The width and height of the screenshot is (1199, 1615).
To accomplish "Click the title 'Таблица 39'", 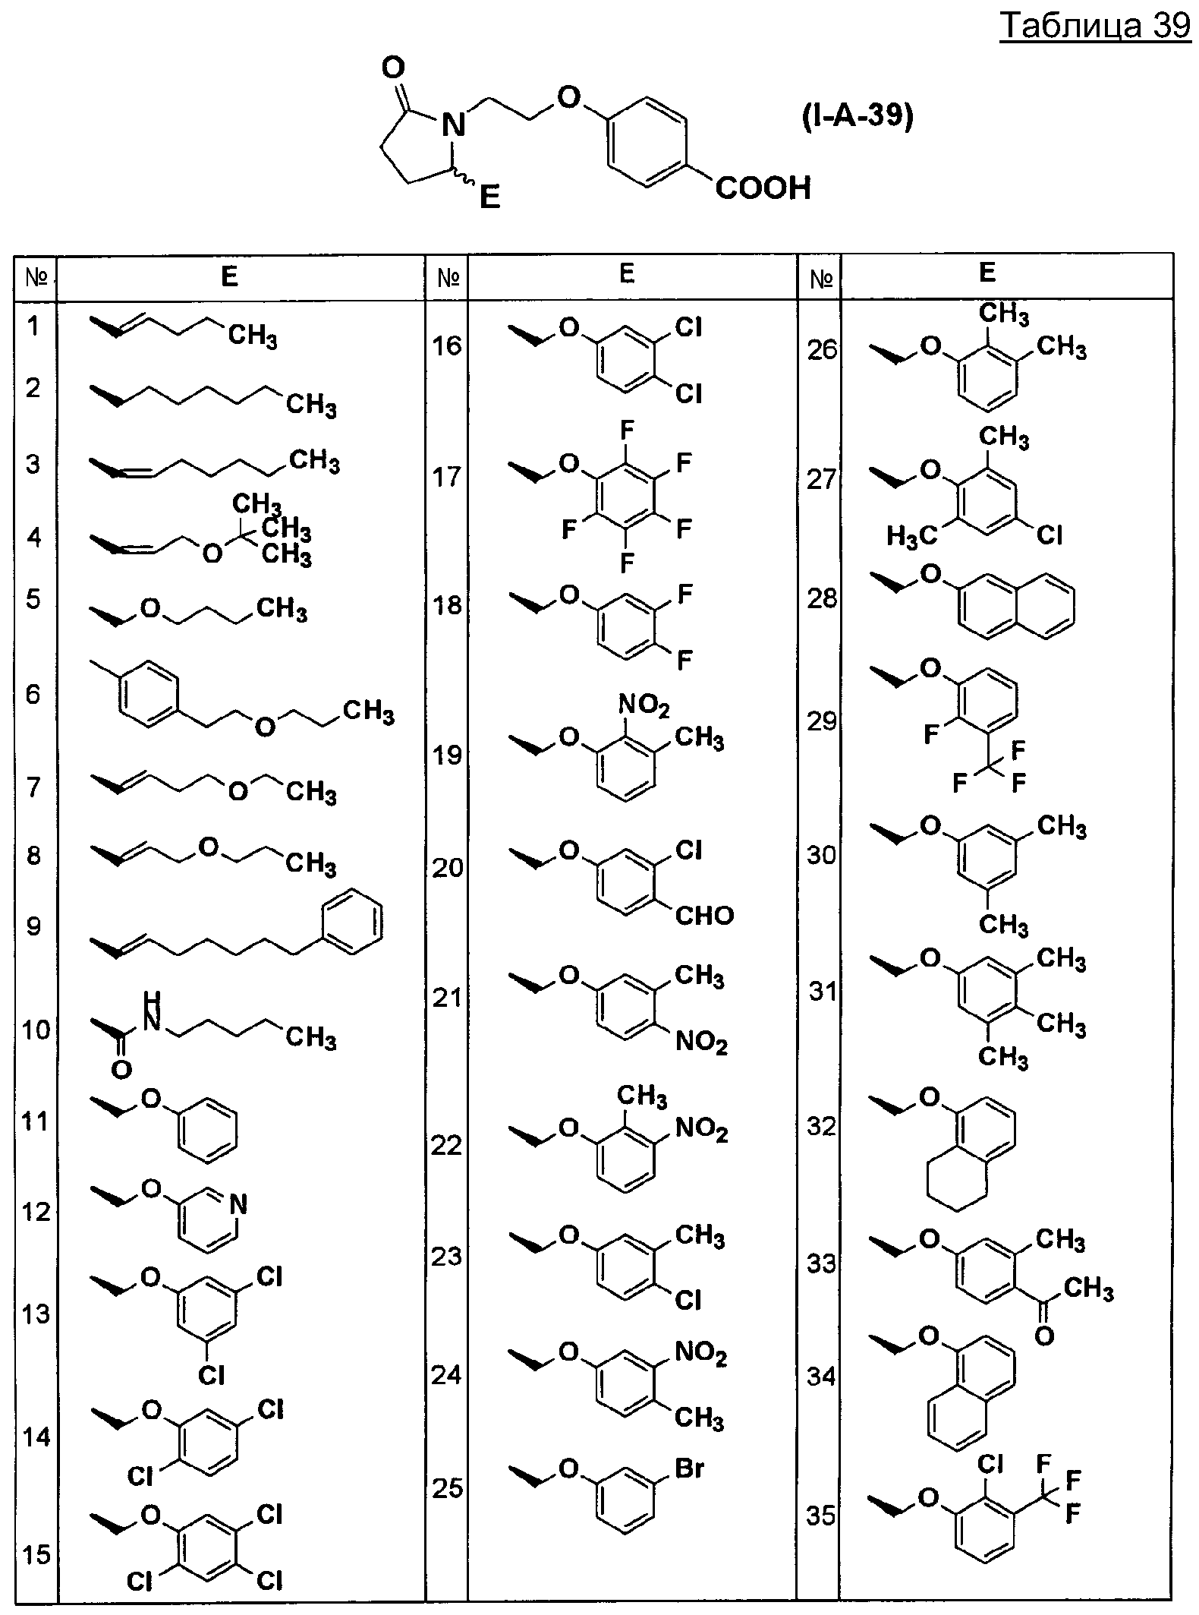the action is (x=1095, y=27).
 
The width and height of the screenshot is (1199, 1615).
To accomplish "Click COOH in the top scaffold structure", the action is (x=763, y=188).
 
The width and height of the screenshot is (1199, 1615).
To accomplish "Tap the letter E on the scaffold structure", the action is (x=490, y=198).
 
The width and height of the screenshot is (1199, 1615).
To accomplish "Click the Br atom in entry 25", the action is (x=689, y=1468).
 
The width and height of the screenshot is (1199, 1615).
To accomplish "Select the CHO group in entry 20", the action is (x=704, y=915).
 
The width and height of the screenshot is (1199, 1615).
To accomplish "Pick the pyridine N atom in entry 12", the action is (x=238, y=1203).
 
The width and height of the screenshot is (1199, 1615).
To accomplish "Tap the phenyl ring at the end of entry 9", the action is (x=352, y=924).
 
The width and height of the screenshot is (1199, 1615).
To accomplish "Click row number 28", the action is (x=822, y=598).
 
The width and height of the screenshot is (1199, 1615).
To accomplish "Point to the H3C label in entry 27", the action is (x=912, y=538).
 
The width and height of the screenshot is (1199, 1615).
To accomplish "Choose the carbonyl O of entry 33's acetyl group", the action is (x=1044, y=1336).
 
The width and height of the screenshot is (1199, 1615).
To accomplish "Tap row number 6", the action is (x=33, y=694).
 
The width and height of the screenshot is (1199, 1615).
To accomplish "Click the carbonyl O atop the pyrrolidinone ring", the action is (x=392, y=69).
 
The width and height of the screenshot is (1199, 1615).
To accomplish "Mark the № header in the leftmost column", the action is (x=36, y=278).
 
